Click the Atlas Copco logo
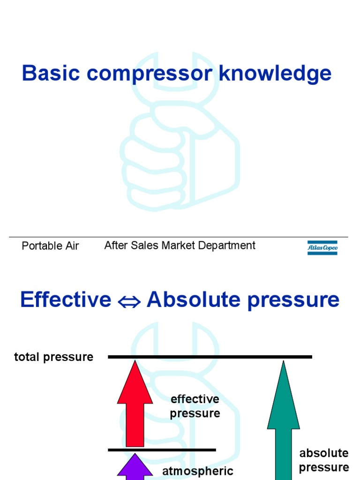point(322,247)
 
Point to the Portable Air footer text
point(50,246)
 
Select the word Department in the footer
point(229,245)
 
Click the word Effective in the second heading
point(66,300)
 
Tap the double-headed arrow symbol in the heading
point(129,300)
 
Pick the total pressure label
point(53,357)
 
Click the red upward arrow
point(135,408)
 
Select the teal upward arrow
point(283,422)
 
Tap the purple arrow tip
point(135,466)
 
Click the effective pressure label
point(195,406)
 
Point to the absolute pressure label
point(324,460)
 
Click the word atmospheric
point(198,472)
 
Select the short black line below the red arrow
point(162,450)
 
